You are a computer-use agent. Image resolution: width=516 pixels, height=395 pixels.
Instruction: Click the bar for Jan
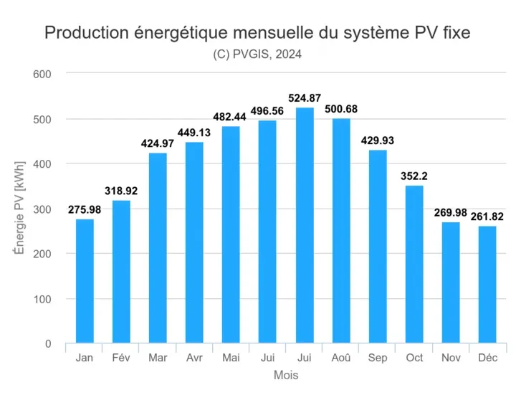tap(85, 281)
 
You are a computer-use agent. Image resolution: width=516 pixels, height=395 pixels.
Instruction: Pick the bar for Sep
tap(378, 247)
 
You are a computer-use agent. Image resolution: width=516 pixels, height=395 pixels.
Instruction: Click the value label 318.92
tap(121, 191)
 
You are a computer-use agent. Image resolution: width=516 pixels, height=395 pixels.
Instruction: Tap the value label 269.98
tap(451, 213)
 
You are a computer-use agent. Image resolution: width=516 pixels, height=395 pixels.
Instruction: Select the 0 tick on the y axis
tap(47, 344)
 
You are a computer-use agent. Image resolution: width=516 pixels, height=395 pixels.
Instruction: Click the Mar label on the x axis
tap(158, 358)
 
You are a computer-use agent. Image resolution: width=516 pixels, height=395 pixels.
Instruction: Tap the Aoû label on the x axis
tap(341, 358)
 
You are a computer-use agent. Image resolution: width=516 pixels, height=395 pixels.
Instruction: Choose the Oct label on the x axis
tap(414, 358)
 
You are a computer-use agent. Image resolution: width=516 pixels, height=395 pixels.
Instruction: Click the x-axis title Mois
tap(286, 375)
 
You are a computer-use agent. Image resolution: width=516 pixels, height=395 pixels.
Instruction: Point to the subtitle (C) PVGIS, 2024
tap(258, 54)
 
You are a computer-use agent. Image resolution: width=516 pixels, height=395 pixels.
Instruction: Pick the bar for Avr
tap(194, 243)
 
